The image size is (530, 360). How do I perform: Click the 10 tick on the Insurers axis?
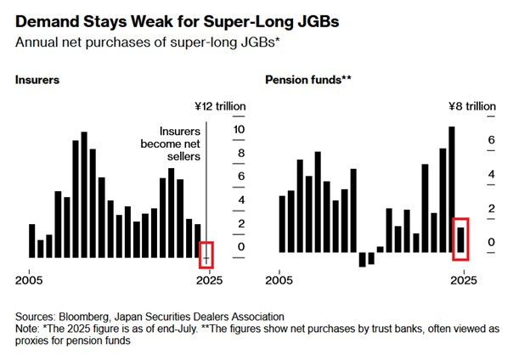239,129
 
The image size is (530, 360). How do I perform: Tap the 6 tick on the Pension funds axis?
490,140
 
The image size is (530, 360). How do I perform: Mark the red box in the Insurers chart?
206,254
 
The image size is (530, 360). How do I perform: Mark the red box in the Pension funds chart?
460,238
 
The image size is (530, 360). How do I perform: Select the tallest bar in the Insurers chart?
84,194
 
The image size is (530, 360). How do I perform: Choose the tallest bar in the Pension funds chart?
452,188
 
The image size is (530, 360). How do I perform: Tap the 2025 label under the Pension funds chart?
465,278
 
